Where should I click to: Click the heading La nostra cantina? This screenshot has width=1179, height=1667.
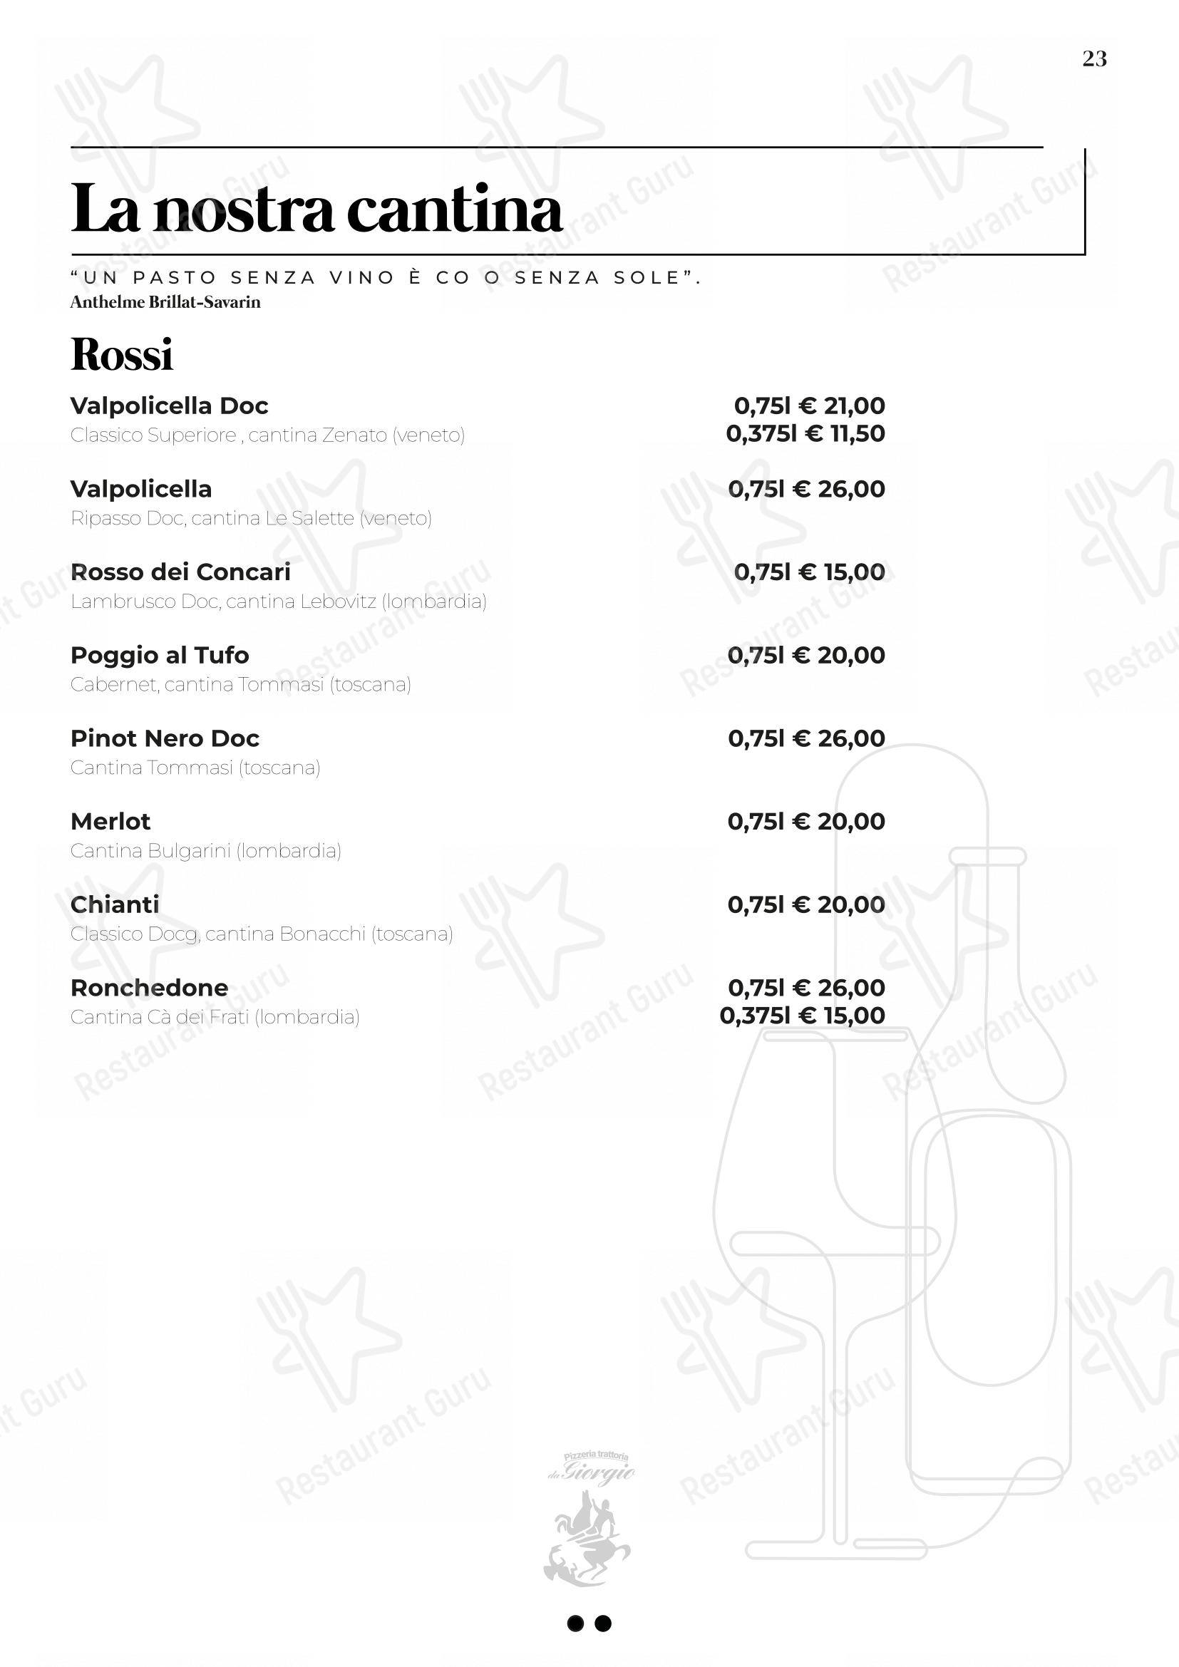316,209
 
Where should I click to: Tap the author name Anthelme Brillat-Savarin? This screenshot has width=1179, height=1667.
165,302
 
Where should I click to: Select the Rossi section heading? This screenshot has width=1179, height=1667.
122,354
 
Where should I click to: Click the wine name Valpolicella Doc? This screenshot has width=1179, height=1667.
169,405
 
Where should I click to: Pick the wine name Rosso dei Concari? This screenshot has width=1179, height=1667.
180,572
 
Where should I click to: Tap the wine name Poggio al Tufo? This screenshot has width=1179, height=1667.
160,655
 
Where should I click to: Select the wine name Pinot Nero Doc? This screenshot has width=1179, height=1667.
165,738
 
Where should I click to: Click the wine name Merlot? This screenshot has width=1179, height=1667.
110,821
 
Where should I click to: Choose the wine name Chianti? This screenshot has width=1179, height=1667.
115,904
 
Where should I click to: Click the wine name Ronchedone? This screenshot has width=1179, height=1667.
149,987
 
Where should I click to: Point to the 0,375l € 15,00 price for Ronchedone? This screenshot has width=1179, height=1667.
802,1016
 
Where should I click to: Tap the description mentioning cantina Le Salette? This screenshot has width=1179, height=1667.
251,518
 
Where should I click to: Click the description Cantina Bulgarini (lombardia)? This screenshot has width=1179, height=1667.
205,851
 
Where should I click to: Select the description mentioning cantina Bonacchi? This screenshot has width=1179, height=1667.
262,934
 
